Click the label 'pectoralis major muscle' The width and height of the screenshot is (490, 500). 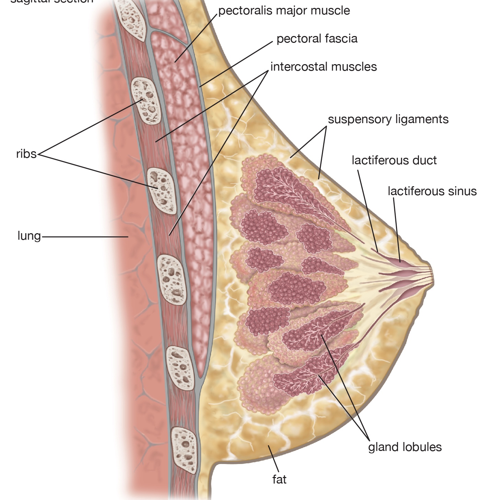click(284, 11)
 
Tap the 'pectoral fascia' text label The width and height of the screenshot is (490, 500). click(317, 39)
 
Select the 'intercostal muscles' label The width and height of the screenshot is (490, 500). click(323, 67)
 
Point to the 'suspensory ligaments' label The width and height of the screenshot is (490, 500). click(388, 119)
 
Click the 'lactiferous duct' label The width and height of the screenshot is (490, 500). click(394, 160)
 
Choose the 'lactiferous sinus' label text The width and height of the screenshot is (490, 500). click(432, 191)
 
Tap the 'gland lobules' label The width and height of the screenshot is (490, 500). click(405, 447)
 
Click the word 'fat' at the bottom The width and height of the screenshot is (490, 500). click(279, 479)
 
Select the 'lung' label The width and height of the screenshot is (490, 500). click(29, 236)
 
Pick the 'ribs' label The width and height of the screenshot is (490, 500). click(26, 154)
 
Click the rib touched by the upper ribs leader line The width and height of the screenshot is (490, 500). click(146, 100)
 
